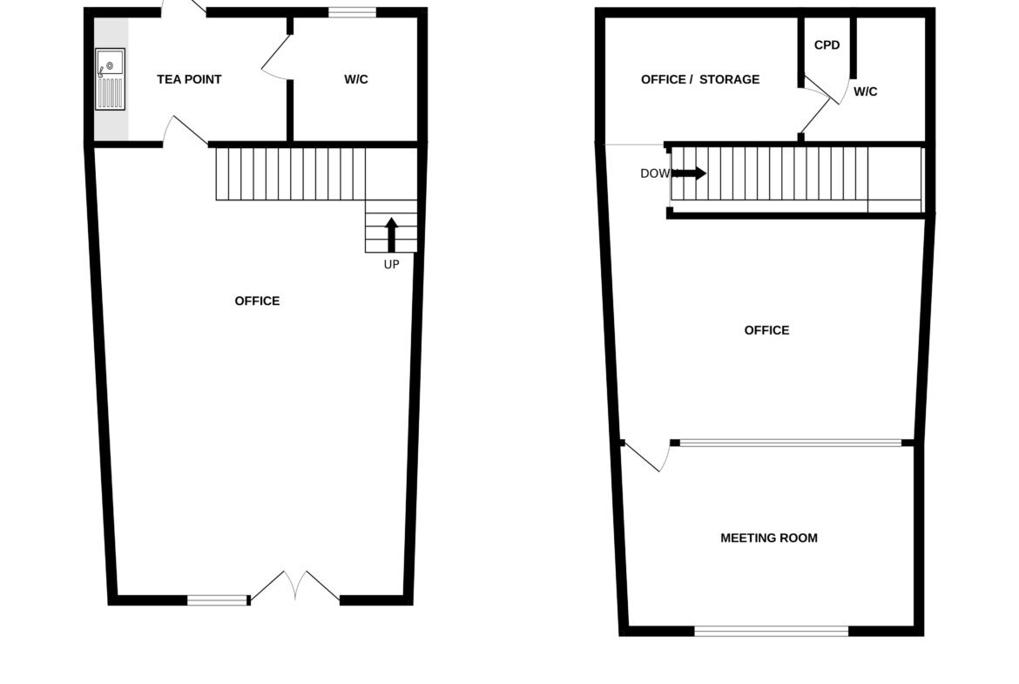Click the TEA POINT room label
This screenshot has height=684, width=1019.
click(189, 79)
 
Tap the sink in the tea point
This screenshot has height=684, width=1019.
click(110, 78)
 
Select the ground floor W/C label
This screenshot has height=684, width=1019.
click(356, 79)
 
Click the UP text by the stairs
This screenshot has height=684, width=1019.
click(391, 264)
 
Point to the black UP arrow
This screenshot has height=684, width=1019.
click(391, 234)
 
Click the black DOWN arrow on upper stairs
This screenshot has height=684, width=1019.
click(690, 173)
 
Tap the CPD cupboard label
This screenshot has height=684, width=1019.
click(827, 44)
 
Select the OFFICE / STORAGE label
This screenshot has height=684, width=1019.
click(700, 79)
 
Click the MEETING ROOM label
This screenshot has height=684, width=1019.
click(769, 538)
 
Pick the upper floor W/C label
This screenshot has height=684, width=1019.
click(865, 91)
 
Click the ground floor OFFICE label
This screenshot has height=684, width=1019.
click(257, 301)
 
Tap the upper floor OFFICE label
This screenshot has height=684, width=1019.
click(766, 330)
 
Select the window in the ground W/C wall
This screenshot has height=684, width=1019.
click(352, 11)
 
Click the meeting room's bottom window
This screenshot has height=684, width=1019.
click(772, 631)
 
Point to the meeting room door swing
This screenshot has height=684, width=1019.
click(645, 457)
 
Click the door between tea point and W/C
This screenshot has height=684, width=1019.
click(276, 58)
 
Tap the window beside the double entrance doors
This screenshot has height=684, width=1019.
click(218, 600)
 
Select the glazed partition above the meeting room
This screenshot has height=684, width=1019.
click(791, 443)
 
